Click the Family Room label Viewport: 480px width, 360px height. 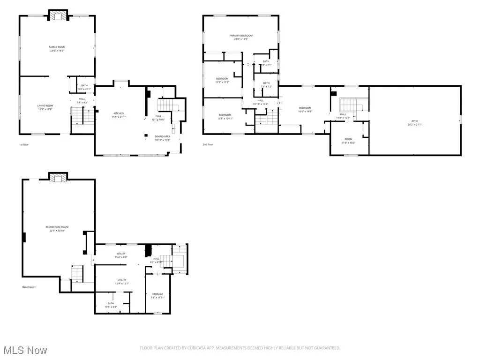(x=57, y=47)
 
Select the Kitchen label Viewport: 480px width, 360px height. (x=119, y=113)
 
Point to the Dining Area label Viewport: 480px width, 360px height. (x=163, y=136)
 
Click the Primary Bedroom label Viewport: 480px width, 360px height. (x=240, y=36)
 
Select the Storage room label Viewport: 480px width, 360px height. (x=157, y=294)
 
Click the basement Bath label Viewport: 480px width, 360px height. (x=111, y=303)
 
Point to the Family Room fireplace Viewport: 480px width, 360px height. (x=59, y=16)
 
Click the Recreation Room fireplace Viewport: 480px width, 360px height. (x=59, y=178)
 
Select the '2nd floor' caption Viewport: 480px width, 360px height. (x=208, y=145)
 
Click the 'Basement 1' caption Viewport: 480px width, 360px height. (x=29, y=287)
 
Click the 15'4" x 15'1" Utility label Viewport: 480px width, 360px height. (x=122, y=280)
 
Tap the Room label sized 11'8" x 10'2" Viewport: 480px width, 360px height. (x=348, y=139)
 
